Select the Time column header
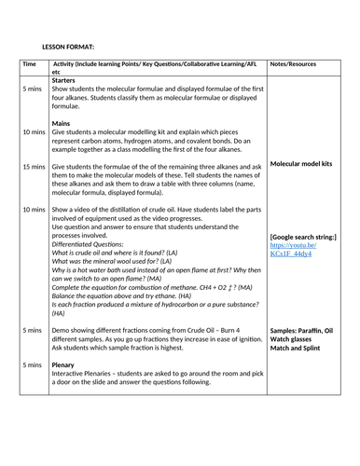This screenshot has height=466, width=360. coord(29,64)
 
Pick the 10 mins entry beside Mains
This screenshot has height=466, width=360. coord(33,131)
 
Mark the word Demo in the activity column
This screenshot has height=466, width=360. coord(62,330)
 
